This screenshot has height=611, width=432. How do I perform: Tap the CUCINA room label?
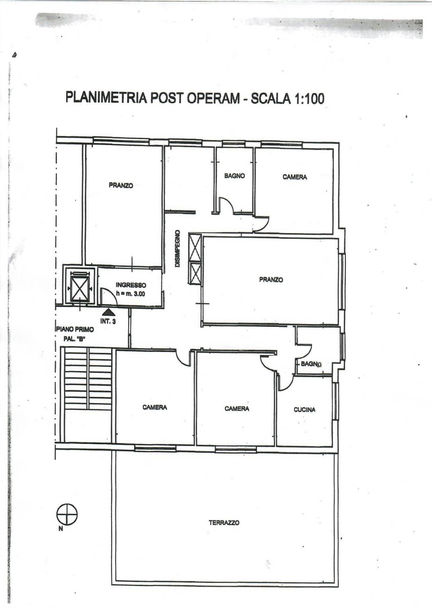305,410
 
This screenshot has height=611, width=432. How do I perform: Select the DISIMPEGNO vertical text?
178,249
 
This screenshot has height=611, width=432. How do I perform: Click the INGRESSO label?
131,285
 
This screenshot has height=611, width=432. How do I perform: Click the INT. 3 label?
108,321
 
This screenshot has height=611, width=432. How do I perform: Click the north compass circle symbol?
67,514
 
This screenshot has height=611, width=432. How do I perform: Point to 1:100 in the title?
309,98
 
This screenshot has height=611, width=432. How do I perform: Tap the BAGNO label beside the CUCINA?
311,364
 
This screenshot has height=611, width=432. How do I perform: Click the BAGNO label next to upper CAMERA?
235,176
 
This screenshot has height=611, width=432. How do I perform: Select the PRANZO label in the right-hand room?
271,279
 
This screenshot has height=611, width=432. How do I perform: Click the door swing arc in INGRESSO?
112,293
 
